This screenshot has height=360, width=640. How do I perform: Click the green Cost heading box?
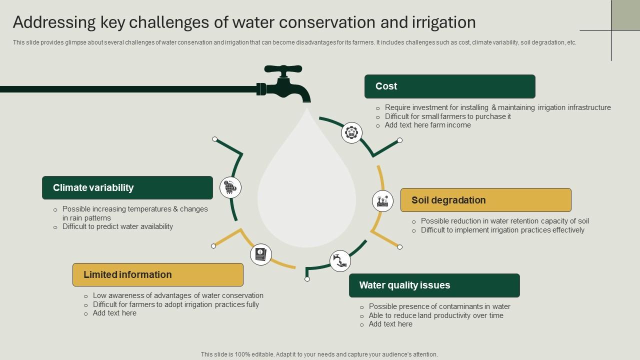pos(449,86)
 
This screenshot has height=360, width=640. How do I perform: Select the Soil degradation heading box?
pos(485,200)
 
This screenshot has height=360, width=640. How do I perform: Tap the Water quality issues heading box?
pos(434,285)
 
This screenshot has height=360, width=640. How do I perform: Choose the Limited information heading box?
pos(157,274)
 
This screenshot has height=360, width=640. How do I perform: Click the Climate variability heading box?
pos(127,188)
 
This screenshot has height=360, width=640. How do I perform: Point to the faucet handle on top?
pos(283,69)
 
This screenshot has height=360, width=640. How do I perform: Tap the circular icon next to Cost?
pos(351,133)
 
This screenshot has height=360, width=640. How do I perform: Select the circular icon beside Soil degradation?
pos(382,200)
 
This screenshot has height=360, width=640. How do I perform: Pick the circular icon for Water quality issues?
pos(340,261)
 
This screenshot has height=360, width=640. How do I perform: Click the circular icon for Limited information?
pos(260,254)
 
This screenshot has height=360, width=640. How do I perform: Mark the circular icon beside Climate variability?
pos(230,187)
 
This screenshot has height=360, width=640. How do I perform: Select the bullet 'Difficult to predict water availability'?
pos(117,226)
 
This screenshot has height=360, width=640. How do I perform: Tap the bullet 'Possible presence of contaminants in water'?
pos(439,306)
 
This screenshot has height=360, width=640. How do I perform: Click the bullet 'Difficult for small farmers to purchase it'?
pos(447,116)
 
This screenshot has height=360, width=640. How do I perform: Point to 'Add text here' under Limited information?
pos(114,313)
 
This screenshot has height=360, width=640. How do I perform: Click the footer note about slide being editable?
pos(319,354)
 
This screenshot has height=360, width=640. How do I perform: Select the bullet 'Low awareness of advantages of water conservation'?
pos(178,295)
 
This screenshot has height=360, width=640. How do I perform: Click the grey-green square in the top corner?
pos(625,15)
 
